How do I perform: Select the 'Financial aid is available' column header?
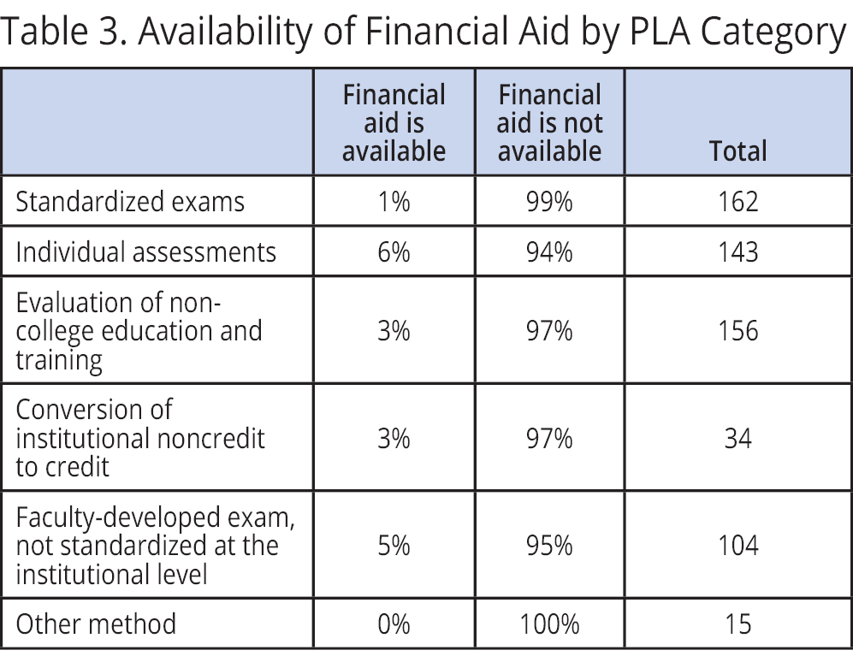[x=394, y=122]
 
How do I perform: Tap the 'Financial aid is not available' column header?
[x=549, y=122]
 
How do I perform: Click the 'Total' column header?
[x=737, y=151]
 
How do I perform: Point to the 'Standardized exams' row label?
[x=130, y=201]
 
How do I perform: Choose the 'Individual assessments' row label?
[x=146, y=251]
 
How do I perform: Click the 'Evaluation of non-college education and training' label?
[x=139, y=331]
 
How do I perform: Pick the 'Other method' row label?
[x=96, y=624]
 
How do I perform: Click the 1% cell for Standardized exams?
[x=394, y=201]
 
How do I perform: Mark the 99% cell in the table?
[x=549, y=201]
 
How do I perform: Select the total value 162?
[x=737, y=201]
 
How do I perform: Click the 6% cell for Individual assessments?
[x=394, y=251]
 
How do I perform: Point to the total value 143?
[x=737, y=251]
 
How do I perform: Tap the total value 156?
[x=737, y=331]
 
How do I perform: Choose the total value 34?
[x=737, y=438]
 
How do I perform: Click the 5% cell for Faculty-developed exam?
[x=394, y=545]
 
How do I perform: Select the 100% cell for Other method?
[x=549, y=624]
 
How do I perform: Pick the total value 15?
[x=737, y=624]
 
